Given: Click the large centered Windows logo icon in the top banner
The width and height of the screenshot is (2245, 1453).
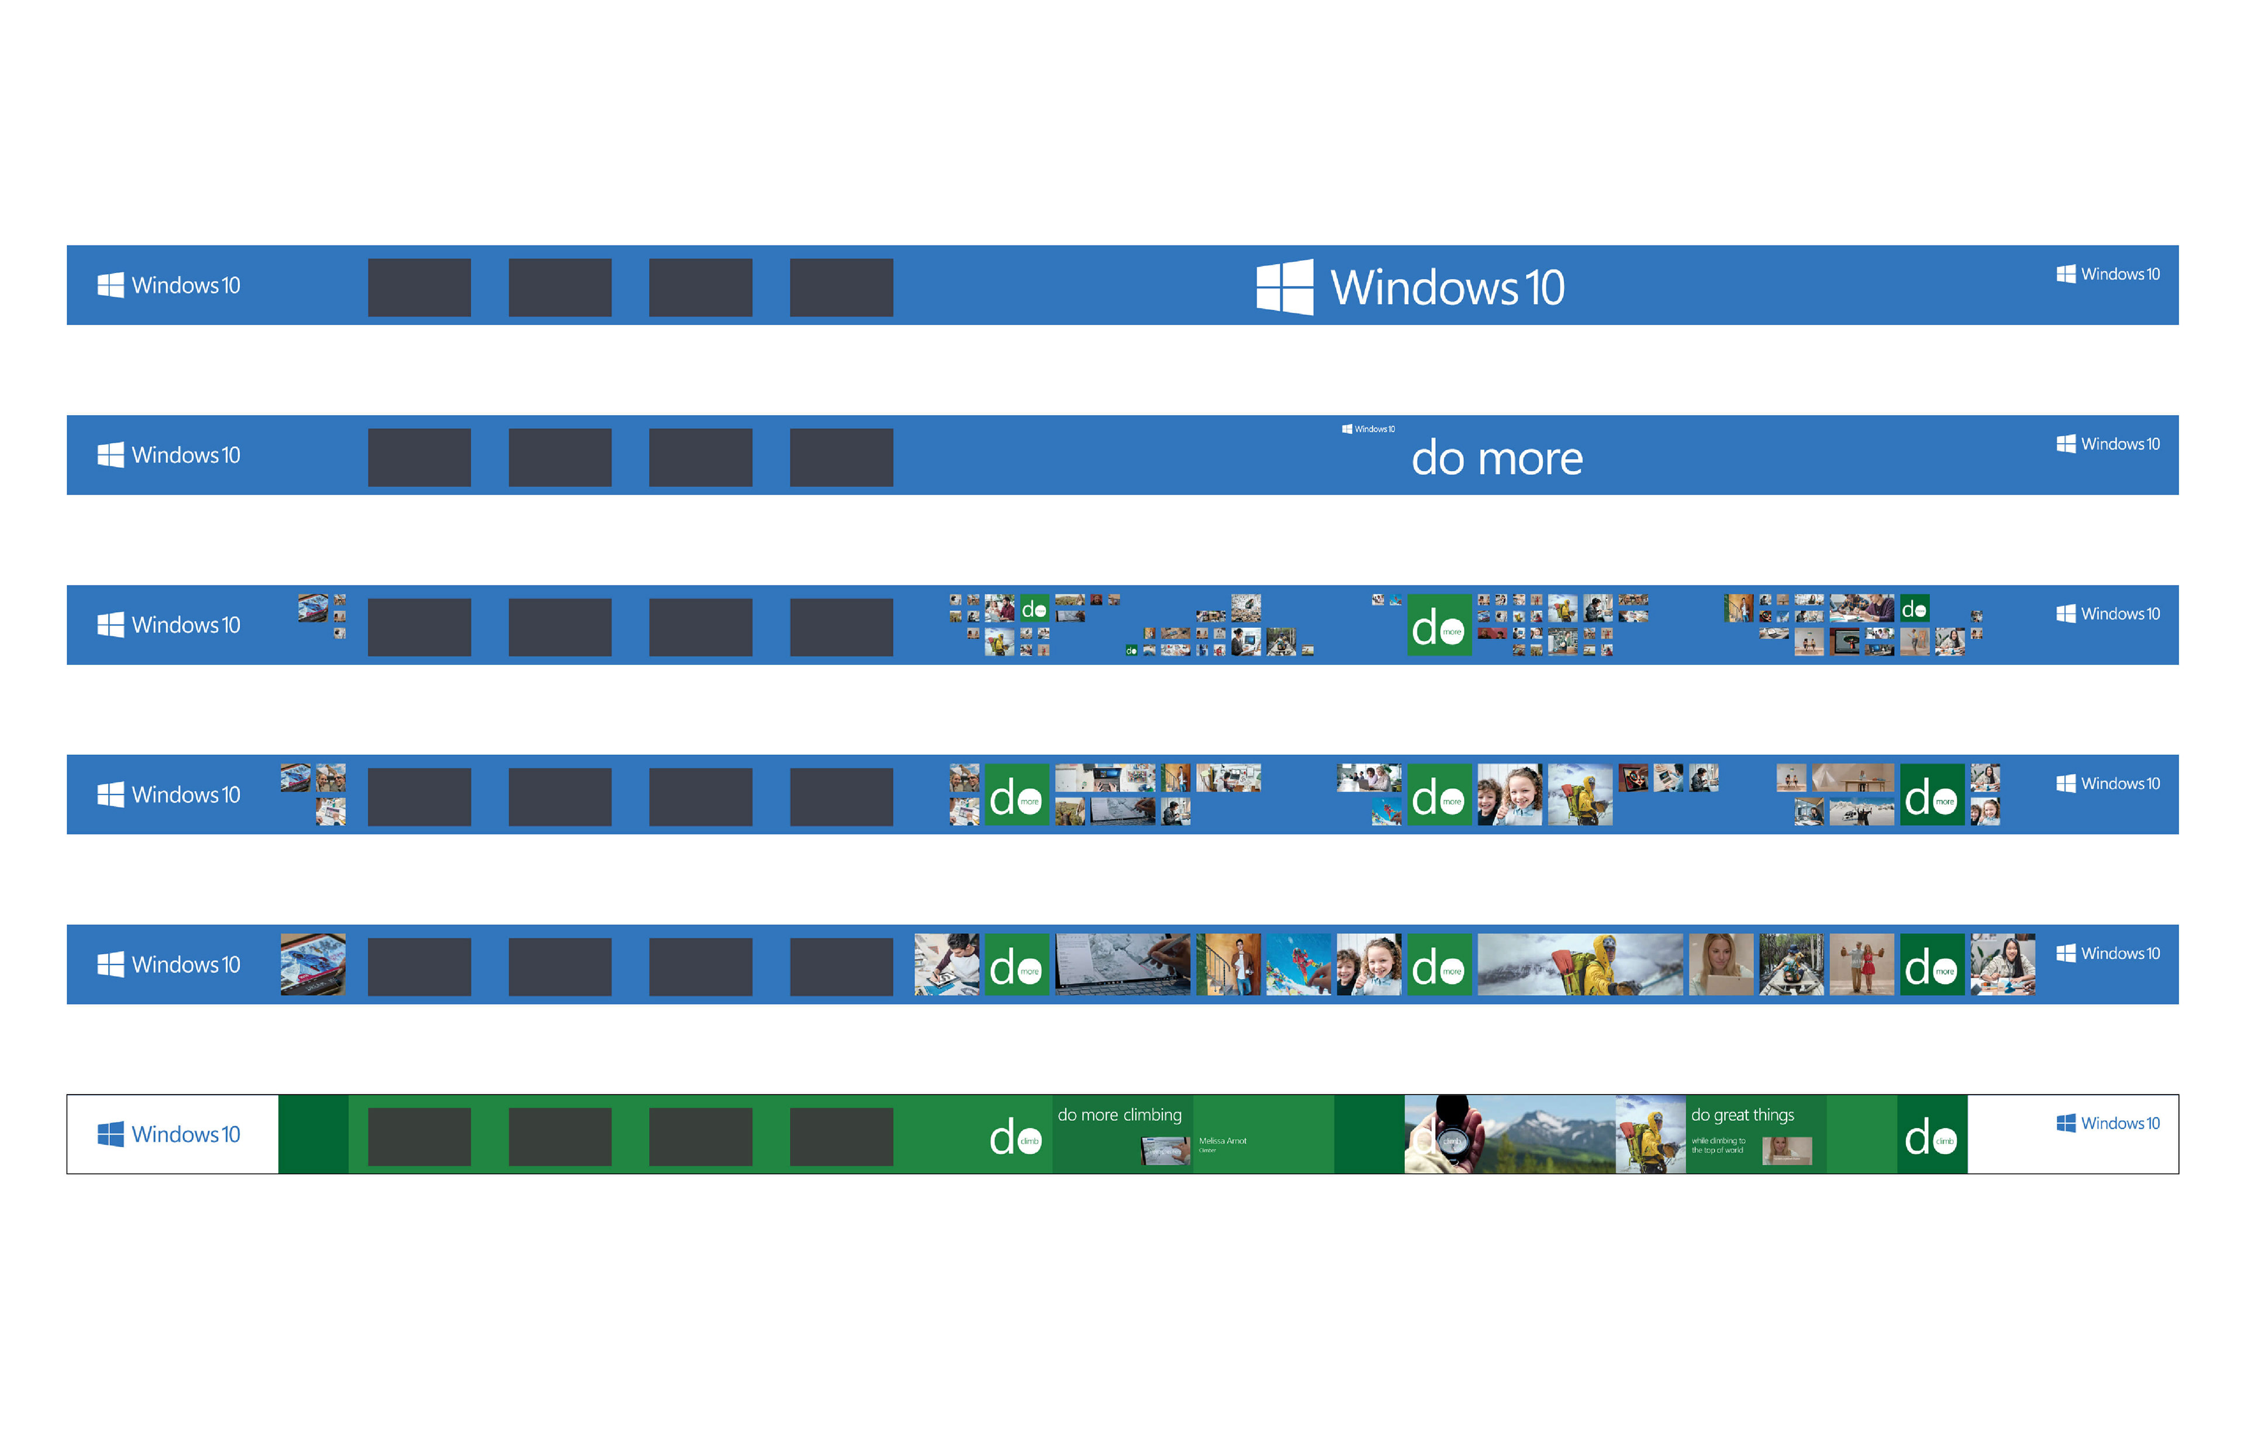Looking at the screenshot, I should [1284, 287].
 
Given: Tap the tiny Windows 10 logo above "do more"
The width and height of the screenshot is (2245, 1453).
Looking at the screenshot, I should [1367, 429].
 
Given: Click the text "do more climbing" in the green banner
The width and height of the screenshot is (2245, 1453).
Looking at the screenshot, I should [1119, 1115].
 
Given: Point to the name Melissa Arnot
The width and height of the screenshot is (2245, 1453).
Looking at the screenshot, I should [1222, 1141].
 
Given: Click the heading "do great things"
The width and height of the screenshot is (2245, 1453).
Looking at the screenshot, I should [1742, 1115].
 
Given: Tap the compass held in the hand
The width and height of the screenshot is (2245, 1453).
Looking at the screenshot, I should [1453, 1141].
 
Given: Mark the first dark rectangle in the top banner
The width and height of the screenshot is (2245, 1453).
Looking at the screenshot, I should [419, 288].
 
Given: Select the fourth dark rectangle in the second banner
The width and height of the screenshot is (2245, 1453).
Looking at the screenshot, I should [841, 458].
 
